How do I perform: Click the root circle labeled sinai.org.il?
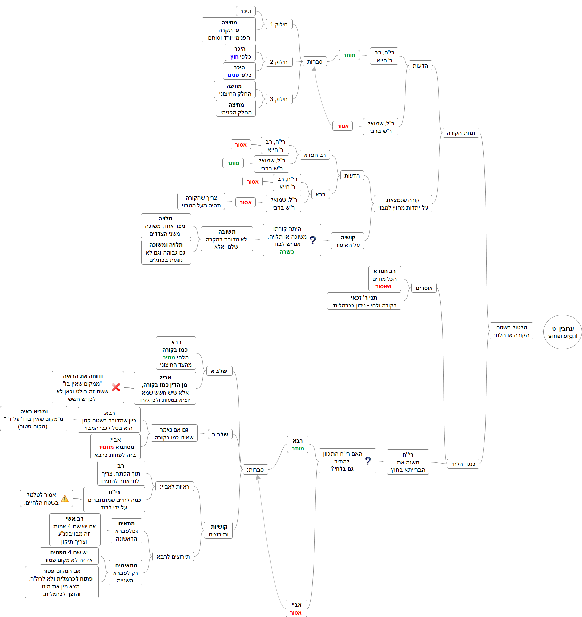(562, 332)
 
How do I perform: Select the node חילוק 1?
(279, 24)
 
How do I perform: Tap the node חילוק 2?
(279, 62)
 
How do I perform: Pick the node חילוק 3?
(279, 99)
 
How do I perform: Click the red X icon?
(116, 387)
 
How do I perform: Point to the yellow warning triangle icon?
(65, 499)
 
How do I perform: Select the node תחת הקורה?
(460, 133)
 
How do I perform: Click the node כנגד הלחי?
(463, 464)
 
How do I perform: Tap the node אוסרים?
(424, 288)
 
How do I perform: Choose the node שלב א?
(219, 371)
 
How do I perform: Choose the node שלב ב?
(220, 434)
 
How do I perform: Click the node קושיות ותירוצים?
(218, 530)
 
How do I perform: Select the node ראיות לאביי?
(175, 487)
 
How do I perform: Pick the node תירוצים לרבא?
(173, 557)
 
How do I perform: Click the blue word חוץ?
(234, 57)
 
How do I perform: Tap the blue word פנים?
(233, 75)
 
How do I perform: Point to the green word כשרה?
(287, 252)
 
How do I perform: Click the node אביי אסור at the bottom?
(296, 609)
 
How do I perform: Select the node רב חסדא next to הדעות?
(315, 155)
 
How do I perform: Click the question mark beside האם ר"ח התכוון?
(368, 461)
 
